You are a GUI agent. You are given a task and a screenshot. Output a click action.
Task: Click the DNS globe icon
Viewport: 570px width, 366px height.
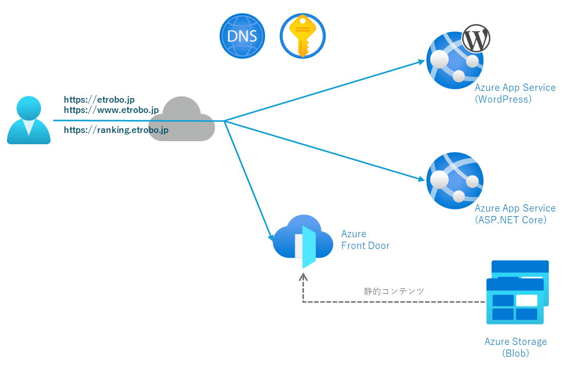click(242, 36)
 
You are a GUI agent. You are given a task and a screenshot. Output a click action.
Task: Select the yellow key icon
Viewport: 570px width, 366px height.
click(302, 36)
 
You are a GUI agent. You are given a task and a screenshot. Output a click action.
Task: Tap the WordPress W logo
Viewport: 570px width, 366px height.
click(476, 39)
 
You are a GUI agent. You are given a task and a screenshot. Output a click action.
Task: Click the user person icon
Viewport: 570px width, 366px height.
click(29, 120)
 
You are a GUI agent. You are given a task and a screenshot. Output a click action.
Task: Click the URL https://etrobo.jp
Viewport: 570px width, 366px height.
click(99, 100)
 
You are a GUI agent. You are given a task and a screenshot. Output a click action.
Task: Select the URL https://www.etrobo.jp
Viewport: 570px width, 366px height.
click(111, 110)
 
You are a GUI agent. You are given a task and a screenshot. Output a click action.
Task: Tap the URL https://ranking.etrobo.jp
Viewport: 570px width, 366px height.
click(116, 130)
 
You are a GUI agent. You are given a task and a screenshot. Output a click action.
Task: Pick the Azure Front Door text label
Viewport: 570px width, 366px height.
click(365, 240)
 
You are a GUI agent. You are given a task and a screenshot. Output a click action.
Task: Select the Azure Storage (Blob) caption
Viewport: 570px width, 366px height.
click(516, 348)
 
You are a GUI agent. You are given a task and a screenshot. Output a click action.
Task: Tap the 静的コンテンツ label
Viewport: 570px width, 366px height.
click(394, 291)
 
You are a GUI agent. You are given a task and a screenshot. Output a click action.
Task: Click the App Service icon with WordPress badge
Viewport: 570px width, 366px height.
click(454, 61)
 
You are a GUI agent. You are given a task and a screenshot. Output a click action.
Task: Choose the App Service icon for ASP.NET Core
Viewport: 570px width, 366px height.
click(454, 180)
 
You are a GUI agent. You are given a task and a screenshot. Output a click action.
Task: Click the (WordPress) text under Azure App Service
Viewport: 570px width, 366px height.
click(503, 99)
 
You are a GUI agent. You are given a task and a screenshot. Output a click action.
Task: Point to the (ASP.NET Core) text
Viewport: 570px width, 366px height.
click(510, 220)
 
